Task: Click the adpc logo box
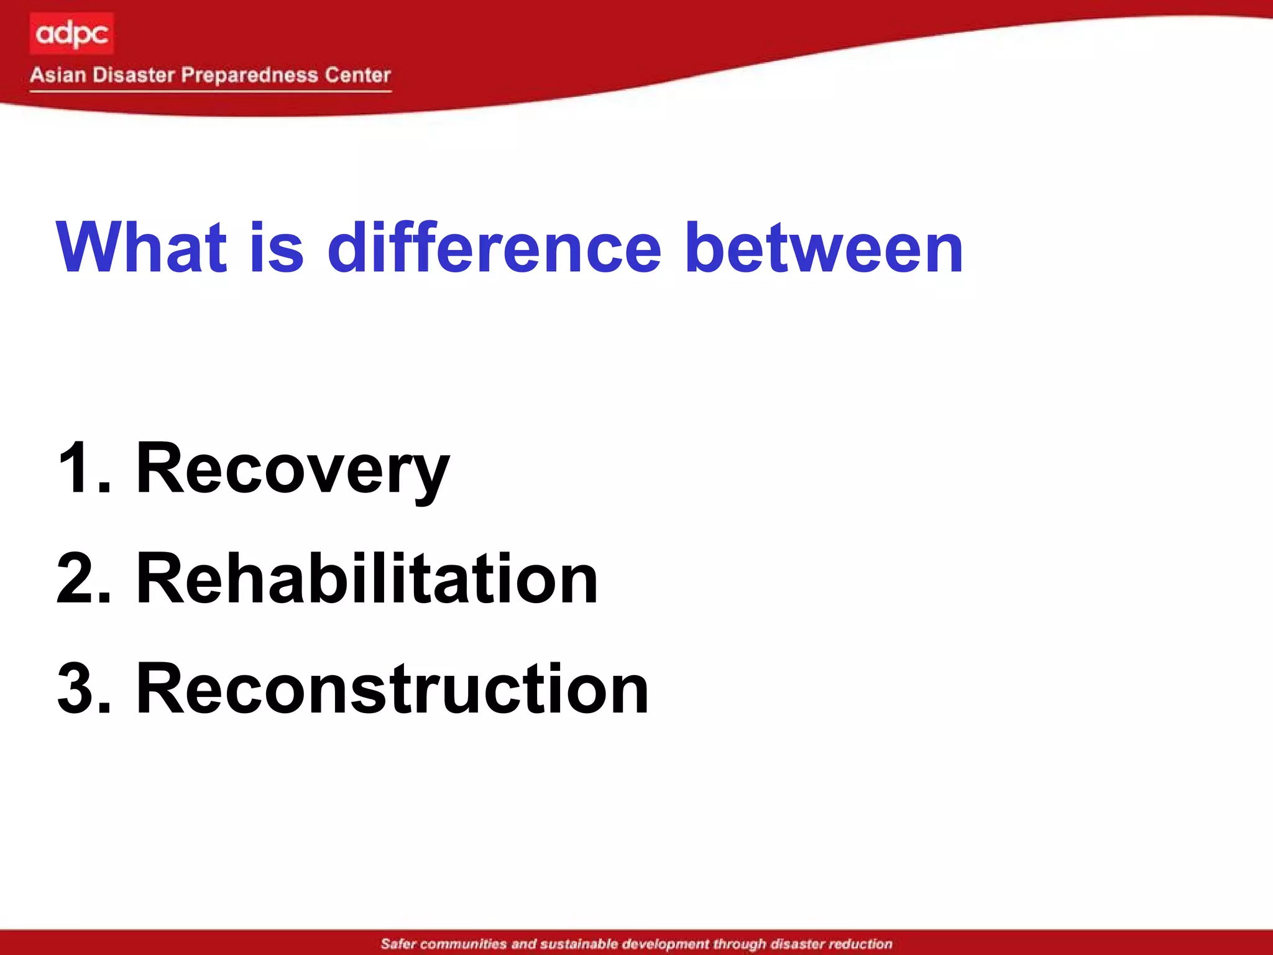(x=71, y=34)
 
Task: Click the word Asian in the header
(x=58, y=75)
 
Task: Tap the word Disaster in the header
(x=134, y=75)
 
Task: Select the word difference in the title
(x=494, y=247)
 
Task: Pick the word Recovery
(x=292, y=469)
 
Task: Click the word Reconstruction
(x=392, y=689)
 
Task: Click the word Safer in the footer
(x=398, y=944)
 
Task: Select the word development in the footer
(x=666, y=944)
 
